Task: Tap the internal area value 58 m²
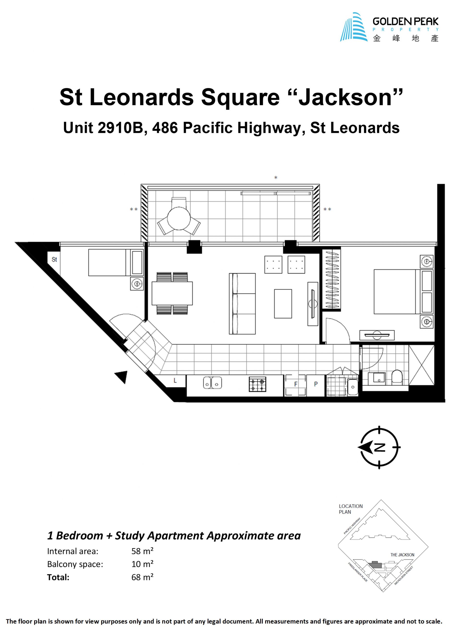pos(142,551)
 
